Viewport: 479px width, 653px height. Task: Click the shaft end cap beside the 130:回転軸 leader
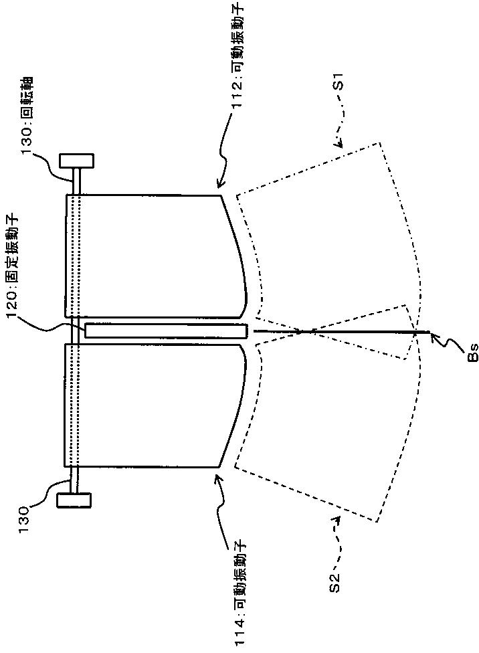click(76, 161)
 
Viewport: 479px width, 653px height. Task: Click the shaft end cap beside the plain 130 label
click(74, 501)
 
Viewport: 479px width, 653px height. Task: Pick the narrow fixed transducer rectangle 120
click(166, 331)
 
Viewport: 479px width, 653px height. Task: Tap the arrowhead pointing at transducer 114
click(217, 476)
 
